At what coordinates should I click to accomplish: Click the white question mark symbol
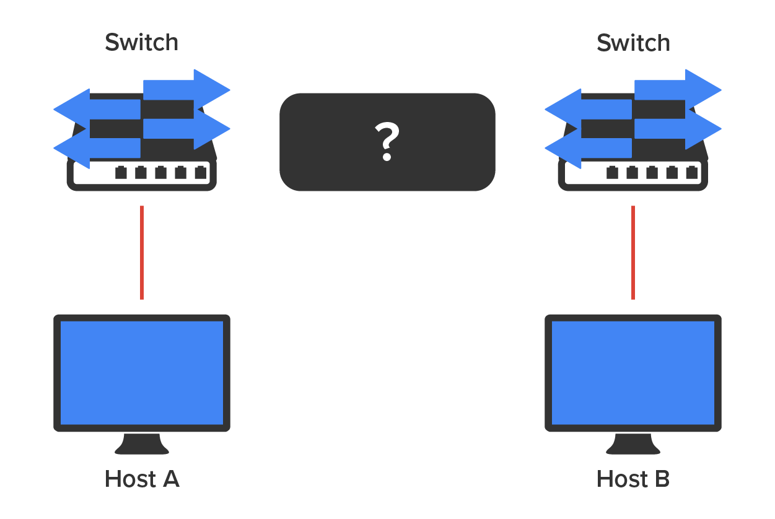pos(387,142)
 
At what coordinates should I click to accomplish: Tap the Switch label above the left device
pos(142,43)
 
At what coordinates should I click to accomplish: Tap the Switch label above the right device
pos(633,43)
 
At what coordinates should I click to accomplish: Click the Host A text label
pos(142,479)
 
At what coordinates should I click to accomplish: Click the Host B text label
pos(633,479)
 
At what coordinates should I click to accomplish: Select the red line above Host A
pos(142,253)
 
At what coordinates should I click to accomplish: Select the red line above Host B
pos(633,253)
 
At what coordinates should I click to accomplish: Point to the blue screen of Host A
pos(142,373)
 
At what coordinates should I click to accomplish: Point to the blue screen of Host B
pos(633,373)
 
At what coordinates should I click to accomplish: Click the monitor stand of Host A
pos(142,444)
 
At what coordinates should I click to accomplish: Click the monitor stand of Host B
pos(633,444)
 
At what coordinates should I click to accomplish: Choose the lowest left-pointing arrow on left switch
pos(97,148)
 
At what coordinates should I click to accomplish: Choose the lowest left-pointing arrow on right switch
pos(589,148)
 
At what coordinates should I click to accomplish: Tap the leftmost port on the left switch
pos(121,173)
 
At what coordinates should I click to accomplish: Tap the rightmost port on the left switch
pos(200,173)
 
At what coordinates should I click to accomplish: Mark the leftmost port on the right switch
pos(612,173)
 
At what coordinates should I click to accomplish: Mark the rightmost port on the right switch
pos(691,173)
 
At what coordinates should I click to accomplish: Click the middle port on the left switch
pos(160,173)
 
